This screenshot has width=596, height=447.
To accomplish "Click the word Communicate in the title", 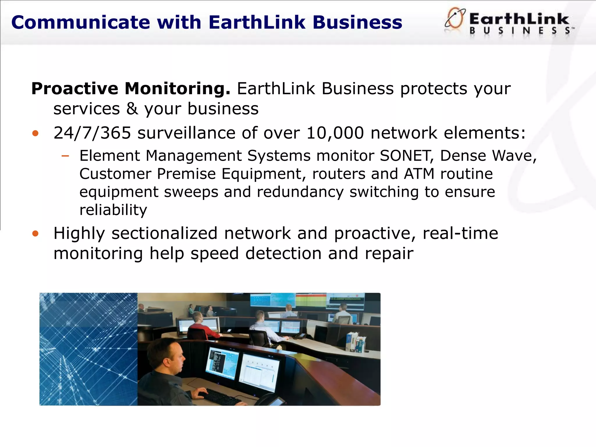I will click(x=80, y=23).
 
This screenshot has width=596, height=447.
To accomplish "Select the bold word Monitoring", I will click(x=177, y=88).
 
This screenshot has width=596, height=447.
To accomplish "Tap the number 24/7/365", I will click(x=92, y=133).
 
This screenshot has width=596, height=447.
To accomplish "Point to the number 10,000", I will click(x=335, y=133).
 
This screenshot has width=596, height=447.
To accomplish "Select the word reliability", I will click(x=113, y=210).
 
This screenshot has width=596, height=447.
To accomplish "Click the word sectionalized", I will click(x=164, y=233).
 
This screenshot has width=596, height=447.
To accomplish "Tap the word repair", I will click(x=389, y=253).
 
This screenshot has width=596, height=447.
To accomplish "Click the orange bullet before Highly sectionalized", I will click(x=36, y=234).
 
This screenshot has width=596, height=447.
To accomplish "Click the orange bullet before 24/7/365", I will click(x=36, y=134).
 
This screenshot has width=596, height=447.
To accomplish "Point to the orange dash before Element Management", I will click(x=65, y=156).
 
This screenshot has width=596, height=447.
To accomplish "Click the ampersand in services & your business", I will click(x=132, y=109).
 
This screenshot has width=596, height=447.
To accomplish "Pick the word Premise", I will click(x=186, y=174).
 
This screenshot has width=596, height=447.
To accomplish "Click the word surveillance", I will click(x=186, y=133).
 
